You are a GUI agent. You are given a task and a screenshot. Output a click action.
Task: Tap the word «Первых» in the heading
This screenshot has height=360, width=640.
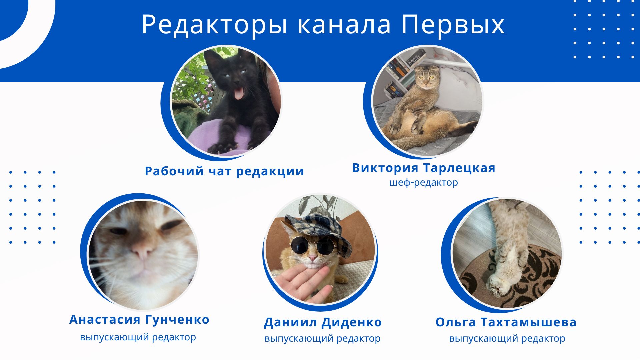tap(453, 25)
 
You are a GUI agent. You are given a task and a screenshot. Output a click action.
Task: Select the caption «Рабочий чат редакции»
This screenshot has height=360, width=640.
tap(224, 171)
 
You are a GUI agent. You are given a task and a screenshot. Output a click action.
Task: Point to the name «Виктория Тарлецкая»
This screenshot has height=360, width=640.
tap(424, 168)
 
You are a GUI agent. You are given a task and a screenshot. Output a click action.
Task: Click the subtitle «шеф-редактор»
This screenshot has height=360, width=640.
tap(424, 183)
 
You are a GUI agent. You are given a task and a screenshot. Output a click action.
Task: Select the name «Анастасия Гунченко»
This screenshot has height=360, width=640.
tap(139, 319)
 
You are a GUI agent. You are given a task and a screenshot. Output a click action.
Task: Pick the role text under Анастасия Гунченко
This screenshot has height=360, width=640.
tap(138, 337)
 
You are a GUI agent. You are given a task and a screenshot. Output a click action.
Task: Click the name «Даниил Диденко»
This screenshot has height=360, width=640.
tap(323, 322)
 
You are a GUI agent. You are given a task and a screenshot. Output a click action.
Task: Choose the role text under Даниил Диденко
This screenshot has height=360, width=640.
tap(322, 339)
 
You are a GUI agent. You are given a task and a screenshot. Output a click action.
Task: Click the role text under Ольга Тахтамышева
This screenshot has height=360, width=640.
tap(507, 339)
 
